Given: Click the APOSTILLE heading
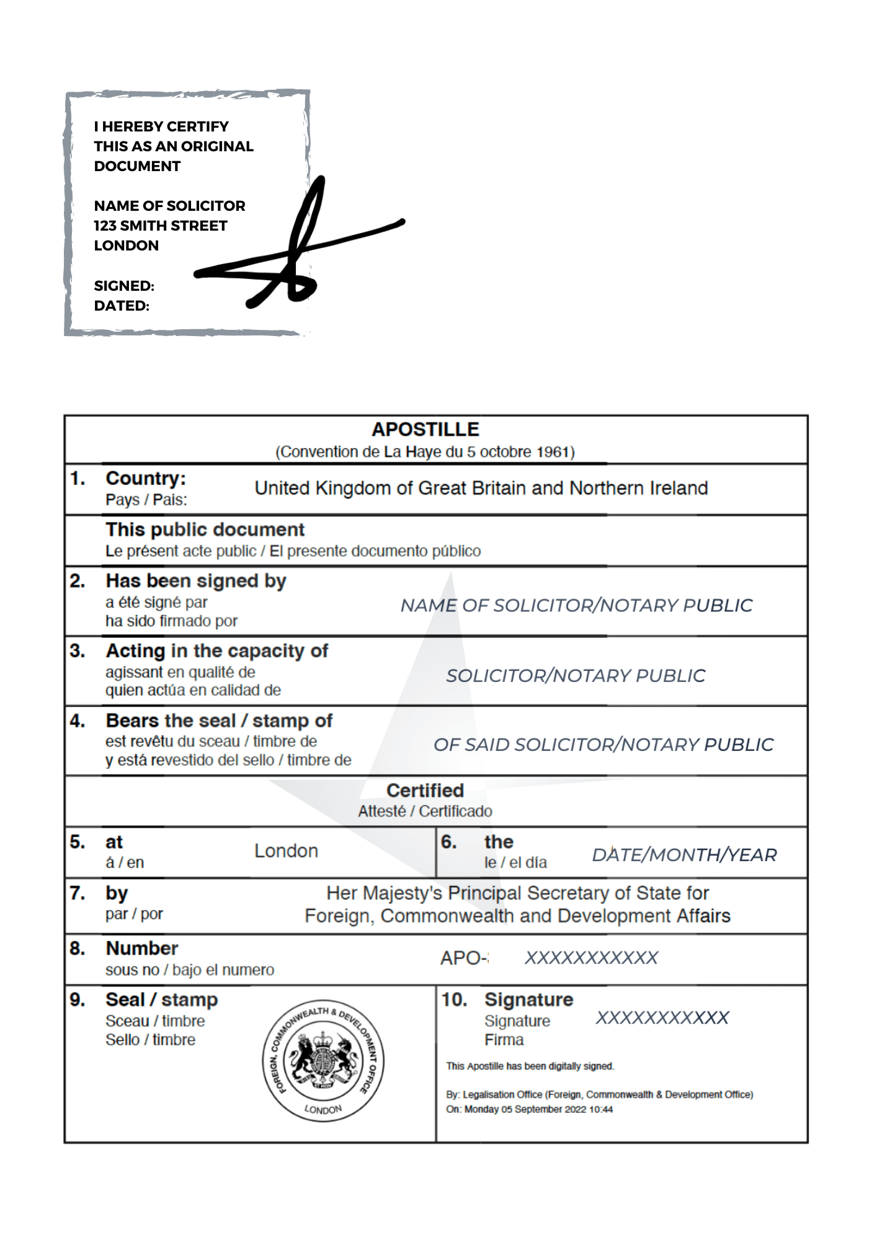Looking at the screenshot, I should coord(425,429).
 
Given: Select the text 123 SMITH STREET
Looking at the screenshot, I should coord(161,226).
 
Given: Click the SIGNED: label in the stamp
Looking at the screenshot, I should coord(124,286).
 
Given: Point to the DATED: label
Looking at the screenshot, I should coord(122,306).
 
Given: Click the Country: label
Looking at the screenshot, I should coord(146,479).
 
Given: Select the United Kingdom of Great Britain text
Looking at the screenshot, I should coord(481,489).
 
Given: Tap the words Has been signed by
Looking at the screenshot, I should coord(196,581).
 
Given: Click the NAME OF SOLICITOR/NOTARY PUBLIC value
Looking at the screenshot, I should coord(576,605).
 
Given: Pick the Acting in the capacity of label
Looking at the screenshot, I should coord(217,651).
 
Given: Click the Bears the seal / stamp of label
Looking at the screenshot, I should coord(219,721).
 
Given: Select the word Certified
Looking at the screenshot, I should coord(425,790).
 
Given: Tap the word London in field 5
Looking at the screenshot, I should coord(286,851).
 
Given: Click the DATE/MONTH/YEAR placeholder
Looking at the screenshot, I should coord(684,855).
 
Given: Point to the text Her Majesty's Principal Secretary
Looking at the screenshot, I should coord(517,893).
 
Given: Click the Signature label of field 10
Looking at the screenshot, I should coord(528,999).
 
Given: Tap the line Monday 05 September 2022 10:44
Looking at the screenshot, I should coord(529,1109).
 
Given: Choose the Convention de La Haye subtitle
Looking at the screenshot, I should coord(425,452).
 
